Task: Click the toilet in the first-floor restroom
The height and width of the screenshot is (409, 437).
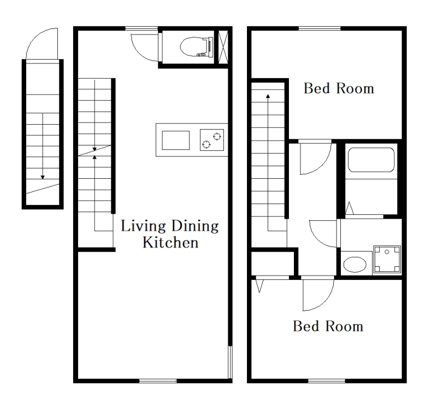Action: click(x=197, y=46)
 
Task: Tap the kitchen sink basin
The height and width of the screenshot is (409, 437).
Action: click(x=176, y=140)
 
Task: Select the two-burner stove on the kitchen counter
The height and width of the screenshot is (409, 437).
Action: click(x=212, y=140)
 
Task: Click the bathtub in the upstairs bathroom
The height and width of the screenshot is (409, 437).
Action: click(x=371, y=160)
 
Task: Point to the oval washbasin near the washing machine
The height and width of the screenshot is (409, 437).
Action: click(x=355, y=265)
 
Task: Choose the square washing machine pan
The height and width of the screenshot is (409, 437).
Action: click(x=387, y=260)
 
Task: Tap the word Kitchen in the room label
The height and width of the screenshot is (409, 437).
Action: click(x=170, y=242)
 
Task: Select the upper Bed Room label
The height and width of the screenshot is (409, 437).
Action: click(x=339, y=89)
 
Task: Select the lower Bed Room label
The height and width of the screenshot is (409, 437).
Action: click(x=328, y=326)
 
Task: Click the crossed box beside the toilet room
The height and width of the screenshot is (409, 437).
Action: click(x=223, y=46)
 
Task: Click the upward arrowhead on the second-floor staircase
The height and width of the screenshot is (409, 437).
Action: click(x=268, y=96)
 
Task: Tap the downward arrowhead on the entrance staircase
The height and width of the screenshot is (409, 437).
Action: click(x=43, y=177)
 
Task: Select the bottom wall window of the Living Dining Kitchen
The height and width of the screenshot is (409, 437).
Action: click(x=158, y=381)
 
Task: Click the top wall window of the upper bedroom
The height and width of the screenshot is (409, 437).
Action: click(x=320, y=28)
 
